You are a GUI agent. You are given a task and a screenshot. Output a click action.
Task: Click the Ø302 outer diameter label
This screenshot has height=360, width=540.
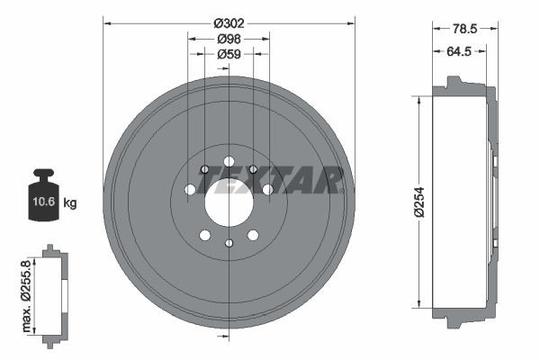[x=229, y=23]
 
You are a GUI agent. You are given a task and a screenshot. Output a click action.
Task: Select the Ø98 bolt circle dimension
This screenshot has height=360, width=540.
[x=229, y=39]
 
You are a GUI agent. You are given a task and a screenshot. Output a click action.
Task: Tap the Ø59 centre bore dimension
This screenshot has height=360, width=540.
[x=229, y=54]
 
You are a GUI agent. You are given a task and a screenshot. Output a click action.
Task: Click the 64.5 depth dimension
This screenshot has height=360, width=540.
[x=459, y=51]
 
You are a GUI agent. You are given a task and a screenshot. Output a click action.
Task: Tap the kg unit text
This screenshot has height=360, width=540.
[x=70, y=203]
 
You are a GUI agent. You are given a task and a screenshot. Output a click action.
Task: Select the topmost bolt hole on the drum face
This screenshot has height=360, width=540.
[x=229, y=161]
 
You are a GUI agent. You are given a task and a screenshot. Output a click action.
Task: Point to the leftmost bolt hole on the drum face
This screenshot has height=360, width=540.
[x=190, y=190]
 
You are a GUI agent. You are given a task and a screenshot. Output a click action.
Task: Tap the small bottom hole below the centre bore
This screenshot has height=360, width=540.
[x=229, y=243]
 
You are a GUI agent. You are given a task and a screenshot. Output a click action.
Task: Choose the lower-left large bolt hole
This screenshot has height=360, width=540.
[x=205, y=235]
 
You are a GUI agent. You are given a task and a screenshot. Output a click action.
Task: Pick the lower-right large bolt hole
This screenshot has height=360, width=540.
[x=253, y=235]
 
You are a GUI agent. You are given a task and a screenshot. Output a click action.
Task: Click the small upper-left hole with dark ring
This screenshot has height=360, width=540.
[x=205, y=169]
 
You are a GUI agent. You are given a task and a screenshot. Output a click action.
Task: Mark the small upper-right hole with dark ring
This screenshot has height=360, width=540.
[x=253, y=169]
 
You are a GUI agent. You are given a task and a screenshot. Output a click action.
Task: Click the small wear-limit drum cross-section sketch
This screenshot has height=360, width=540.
[x=53, y=293]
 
